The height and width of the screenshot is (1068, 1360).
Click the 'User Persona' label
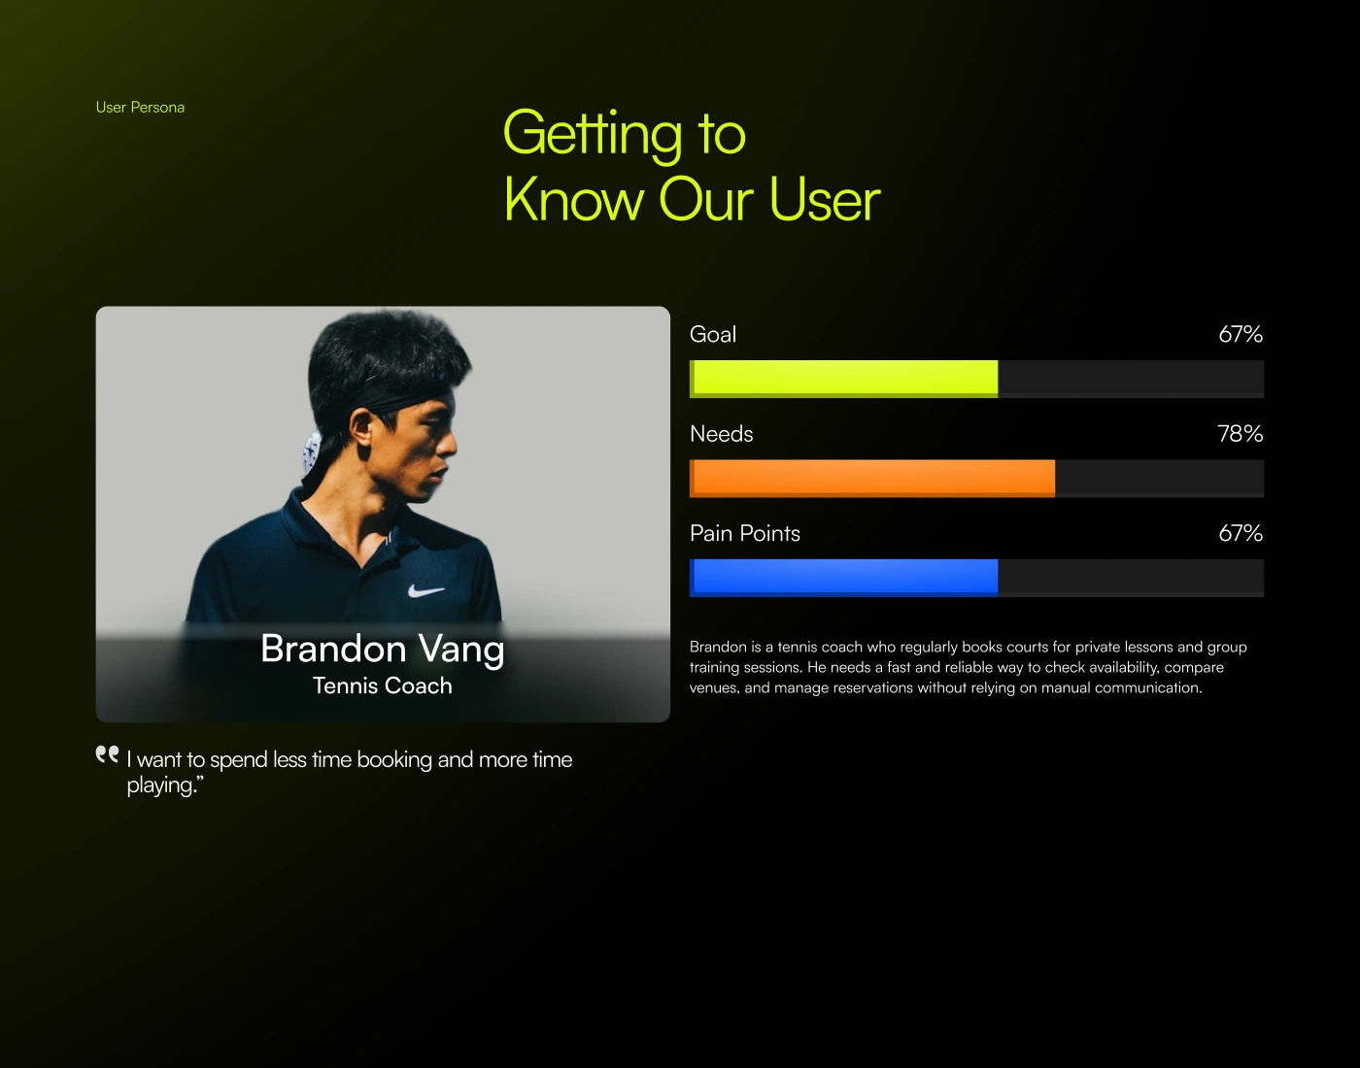(140, 108)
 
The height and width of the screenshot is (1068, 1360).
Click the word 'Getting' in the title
(592, 135)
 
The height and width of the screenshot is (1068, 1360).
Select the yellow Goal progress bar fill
(843, 379)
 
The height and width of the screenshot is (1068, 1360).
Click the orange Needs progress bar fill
(871, 479)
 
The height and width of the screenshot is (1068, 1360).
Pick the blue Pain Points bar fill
(843, 578)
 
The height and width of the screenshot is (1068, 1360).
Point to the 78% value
(1241, 433)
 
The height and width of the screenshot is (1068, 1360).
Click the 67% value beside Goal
(1241, 334)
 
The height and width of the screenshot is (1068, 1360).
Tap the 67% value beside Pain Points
(1241, 533)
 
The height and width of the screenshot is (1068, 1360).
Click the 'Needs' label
(721, 434)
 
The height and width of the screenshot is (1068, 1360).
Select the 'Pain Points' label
(745, 533)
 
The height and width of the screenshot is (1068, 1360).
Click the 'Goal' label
(713, 335)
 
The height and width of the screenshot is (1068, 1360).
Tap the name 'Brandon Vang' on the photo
(383, 650)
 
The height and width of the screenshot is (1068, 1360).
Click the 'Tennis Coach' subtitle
(383, 685)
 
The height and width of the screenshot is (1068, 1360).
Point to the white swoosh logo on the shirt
(425, 590)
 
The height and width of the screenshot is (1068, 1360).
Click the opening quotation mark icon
(107, 754)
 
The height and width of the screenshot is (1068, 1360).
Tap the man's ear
(361, 428)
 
